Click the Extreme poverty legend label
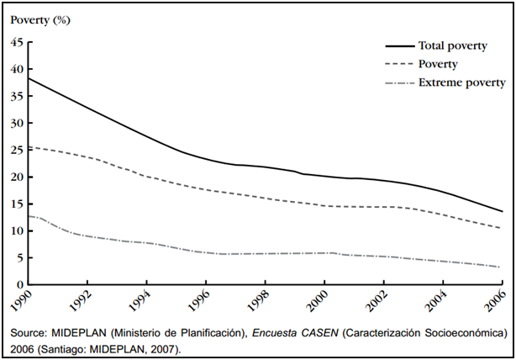coord(461,82)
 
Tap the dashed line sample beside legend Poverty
coord(398,65)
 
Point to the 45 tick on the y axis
coord(17,43)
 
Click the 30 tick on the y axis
coord(17,124)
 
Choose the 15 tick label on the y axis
coord(17,204)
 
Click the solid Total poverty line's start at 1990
coord(29,78)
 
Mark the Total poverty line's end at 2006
coord(502,211)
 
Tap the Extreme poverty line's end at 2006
coord(502,267)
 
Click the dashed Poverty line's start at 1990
coord(29,147)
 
